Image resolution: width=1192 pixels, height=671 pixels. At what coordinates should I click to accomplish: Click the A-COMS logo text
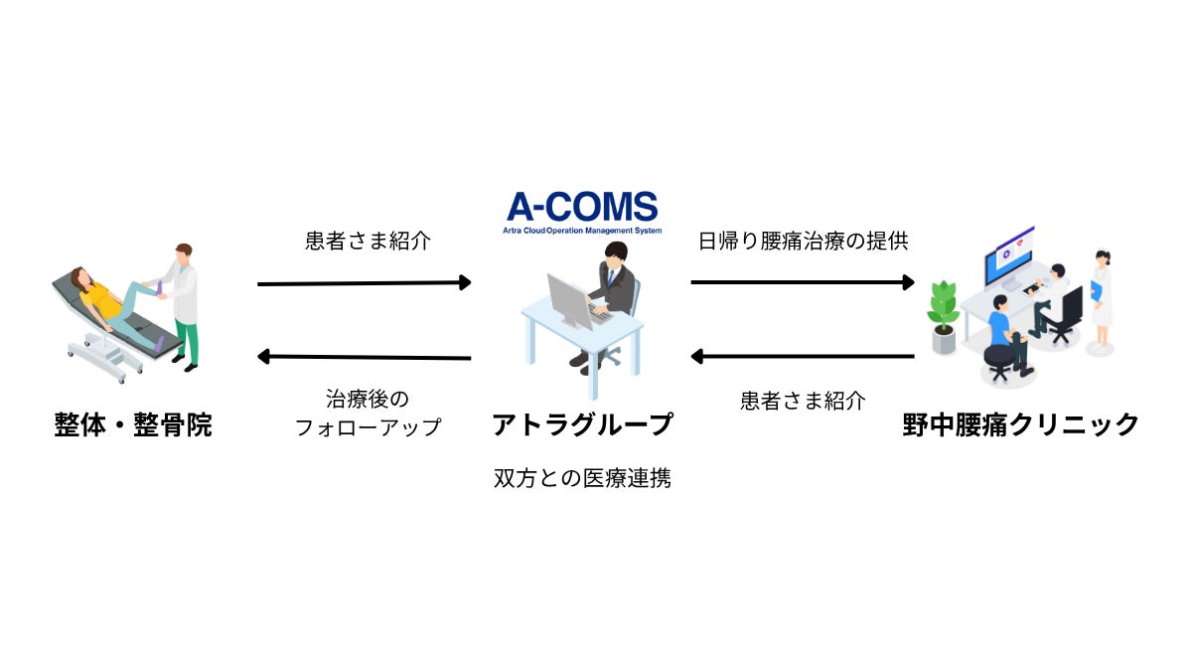(x=582, y=206)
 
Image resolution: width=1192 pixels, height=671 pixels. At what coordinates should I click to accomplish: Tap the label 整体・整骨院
(x=133, y=425)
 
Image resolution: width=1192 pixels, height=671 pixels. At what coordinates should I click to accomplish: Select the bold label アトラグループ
(x=582, y=425)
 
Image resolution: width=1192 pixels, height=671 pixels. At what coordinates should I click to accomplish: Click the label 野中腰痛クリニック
(x=1020, y=425)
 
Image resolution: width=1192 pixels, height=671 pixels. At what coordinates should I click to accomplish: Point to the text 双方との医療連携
(x=582, y=478)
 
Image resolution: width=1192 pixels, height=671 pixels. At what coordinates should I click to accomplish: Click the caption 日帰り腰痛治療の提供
(x=803, y=241)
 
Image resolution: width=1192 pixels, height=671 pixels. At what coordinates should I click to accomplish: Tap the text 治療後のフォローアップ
(x=368, y=414)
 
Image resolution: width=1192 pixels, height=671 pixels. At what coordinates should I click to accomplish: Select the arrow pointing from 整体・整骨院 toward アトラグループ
(x=364, y=283)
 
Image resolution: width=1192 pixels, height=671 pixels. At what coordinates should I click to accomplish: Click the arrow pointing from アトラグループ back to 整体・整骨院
(x=364, y=357)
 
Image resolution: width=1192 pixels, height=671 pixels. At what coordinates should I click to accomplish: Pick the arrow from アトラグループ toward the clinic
(x=802, y=282)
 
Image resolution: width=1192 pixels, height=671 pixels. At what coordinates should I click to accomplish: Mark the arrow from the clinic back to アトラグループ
(x=802, y=356)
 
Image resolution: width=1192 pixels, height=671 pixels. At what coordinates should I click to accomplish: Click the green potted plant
(x=943, y=313)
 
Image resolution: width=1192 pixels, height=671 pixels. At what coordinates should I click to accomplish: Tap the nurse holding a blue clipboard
(x=1101, y=298)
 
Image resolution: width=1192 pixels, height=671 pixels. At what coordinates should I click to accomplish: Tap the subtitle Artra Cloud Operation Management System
(x=582, y=230)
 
